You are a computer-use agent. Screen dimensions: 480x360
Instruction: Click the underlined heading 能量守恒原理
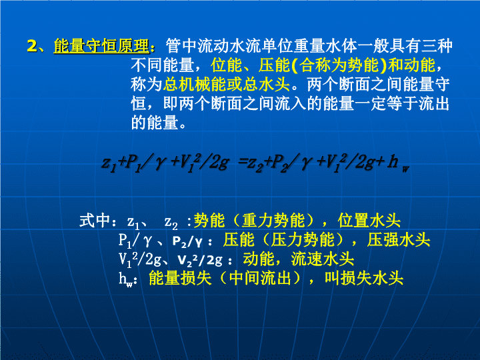click(x=101, y=46)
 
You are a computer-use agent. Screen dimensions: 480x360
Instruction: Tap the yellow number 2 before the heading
click(x=32, y=46)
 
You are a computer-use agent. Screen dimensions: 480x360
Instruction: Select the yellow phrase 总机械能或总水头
click(x=226, y=84)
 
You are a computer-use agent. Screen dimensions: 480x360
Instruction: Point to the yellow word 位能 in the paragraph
click(x=226, y=65)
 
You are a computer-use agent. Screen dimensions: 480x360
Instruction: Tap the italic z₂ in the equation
click(x=255, y=164)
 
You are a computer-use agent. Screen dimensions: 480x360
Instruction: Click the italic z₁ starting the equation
click(x=109, y=164)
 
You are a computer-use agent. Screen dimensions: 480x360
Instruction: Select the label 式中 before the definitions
click(x=95, y=221)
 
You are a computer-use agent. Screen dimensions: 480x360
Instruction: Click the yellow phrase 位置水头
click(x=369, y=221)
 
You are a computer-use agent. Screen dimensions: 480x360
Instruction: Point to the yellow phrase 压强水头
click(x=399, y=240)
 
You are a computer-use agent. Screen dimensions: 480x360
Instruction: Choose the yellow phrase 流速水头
click(x=323, y=259)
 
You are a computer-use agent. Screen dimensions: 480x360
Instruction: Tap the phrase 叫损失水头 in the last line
click(x=364, y=278)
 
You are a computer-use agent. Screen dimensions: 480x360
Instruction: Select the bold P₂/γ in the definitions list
click(x=187, y=241)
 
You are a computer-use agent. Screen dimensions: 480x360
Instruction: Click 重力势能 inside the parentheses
click(x=273, y=221)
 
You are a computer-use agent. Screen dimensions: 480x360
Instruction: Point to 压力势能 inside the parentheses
click(x=303, y=240)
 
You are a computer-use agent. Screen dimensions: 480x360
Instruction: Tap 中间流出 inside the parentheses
click(x=260, y=278)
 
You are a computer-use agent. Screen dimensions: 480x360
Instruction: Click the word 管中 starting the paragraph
click(x=181, y=46)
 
